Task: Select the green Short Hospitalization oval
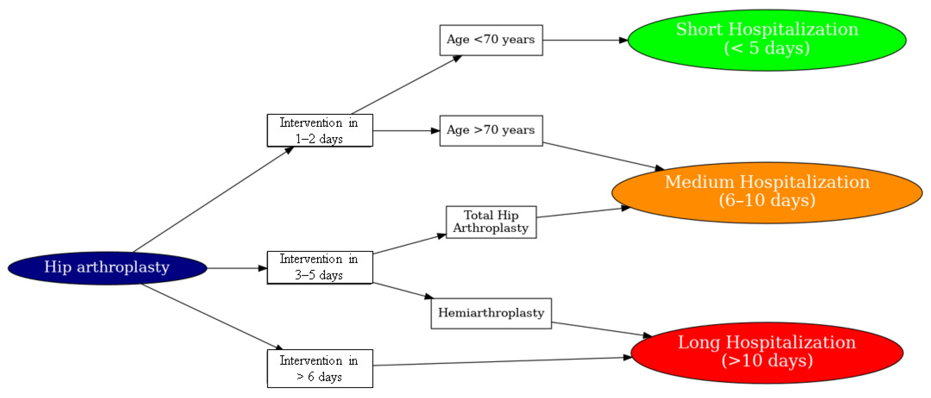pyautogui.click(x=767, y=40)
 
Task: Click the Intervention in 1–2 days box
pyautogui.click(x=320, y=130)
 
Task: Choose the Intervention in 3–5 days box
pyautogui.click(x=320, y=267)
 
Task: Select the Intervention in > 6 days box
pyautogui.click(x=320, y=368)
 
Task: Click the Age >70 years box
pyautogui.click(x=491, y=131)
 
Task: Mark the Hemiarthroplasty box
pyautogui.click(x=491, y=313)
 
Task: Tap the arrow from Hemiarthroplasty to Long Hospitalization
pyautogui.click(x=600, y=329)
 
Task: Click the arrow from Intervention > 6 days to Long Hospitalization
pyautogui.click(x=502, y=362)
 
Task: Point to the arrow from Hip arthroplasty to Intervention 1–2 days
pyautogui.click(x=213, y=199)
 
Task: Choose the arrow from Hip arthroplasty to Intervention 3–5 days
pyautogui.click(x=237, y=268)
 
